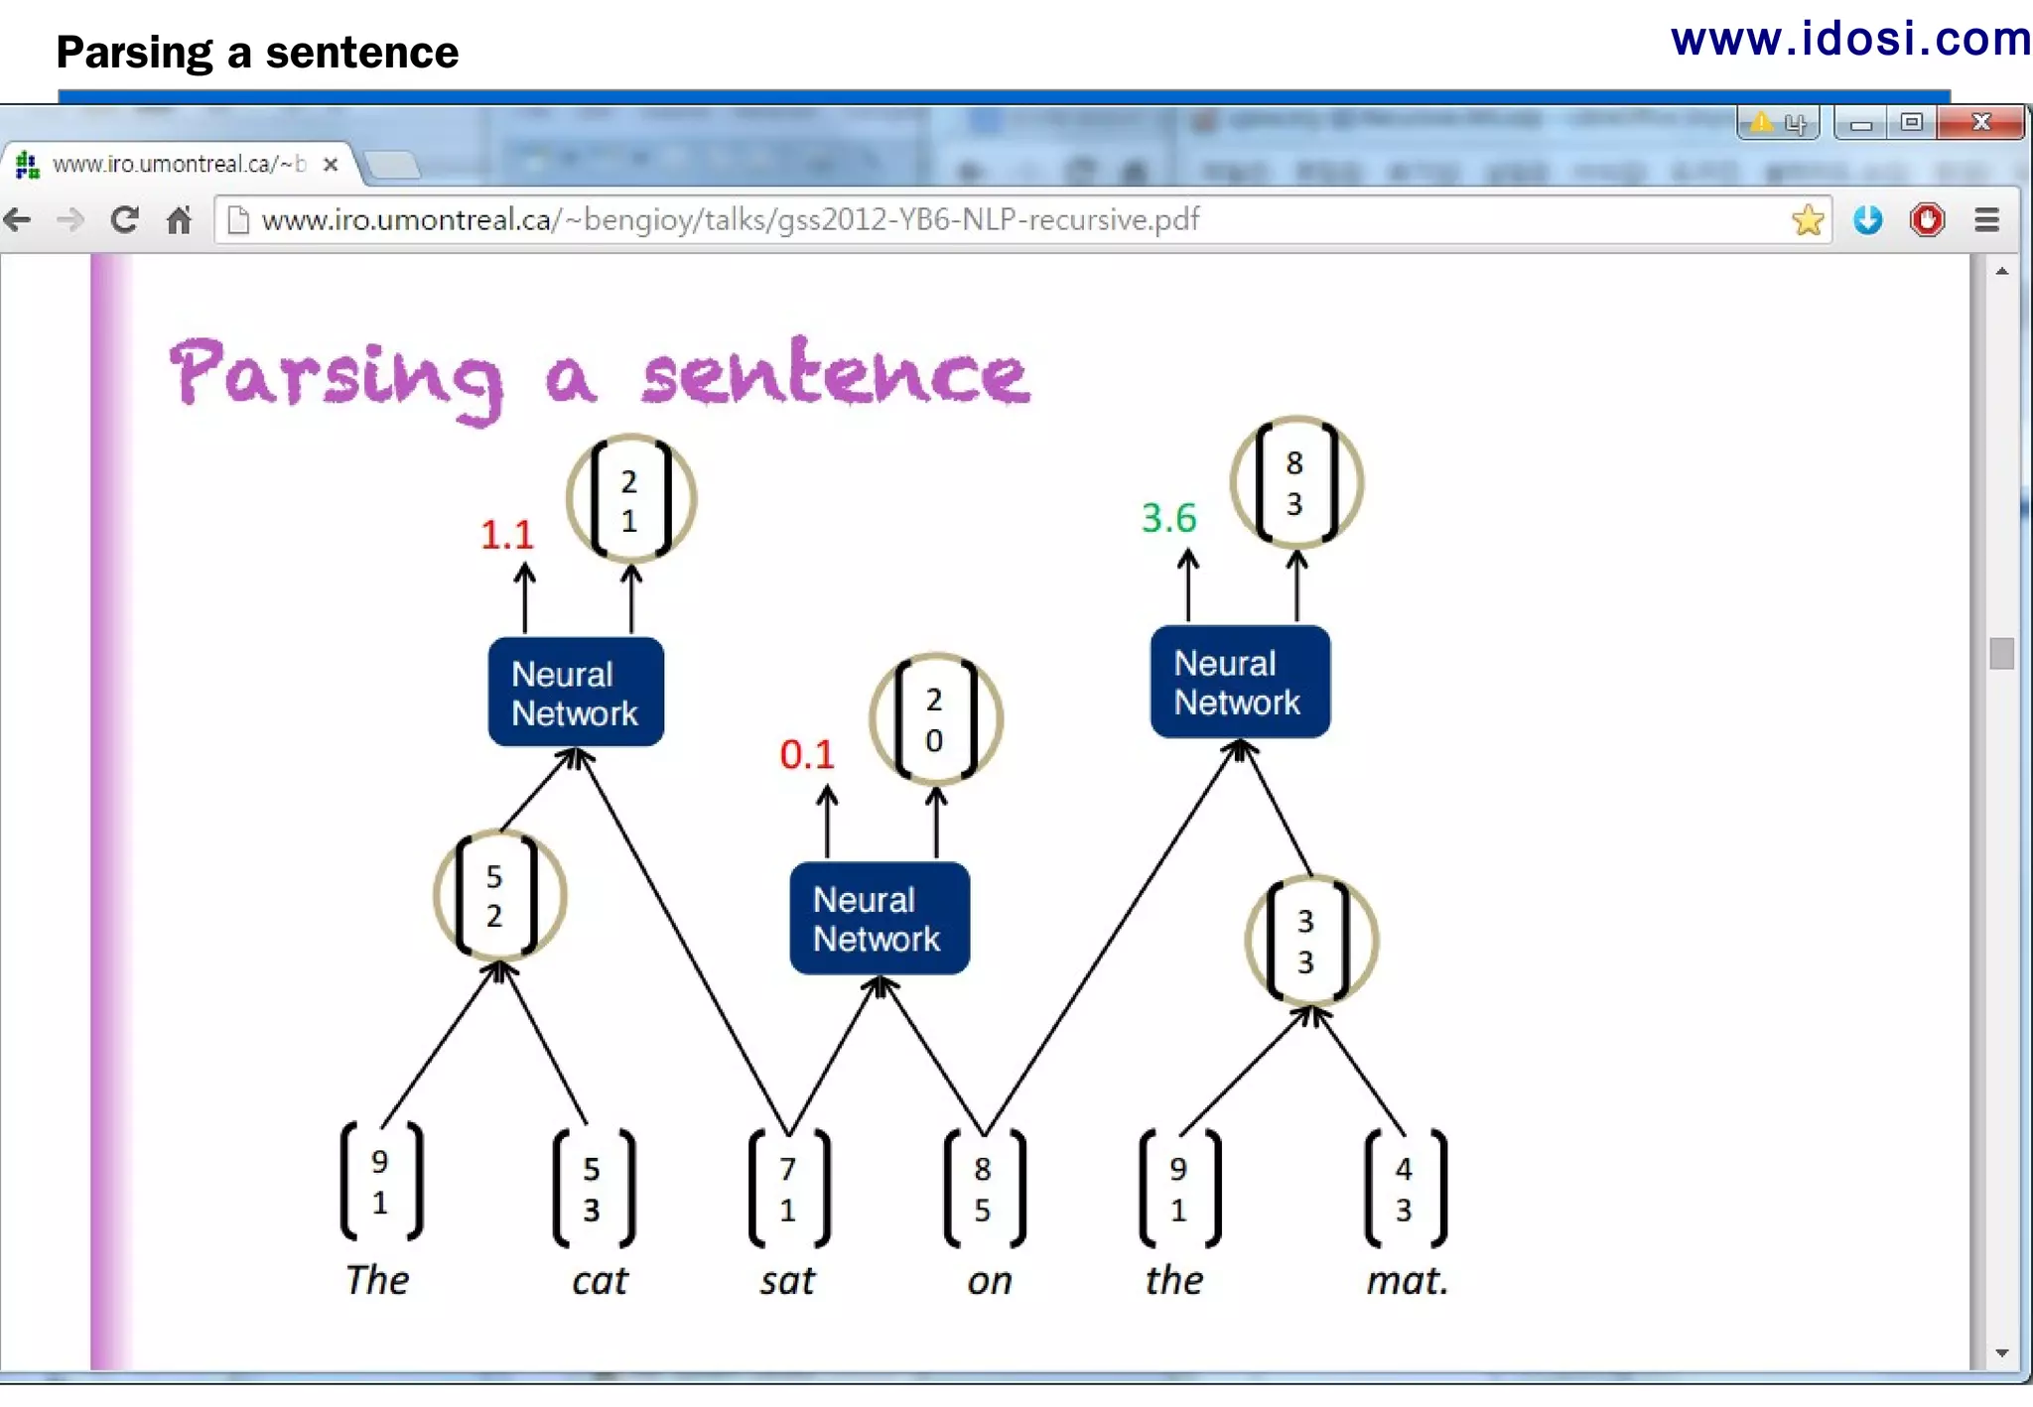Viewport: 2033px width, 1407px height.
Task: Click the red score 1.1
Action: (507, 536)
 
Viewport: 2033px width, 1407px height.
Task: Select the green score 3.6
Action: (1168, 518)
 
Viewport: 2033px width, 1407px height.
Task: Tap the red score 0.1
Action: (806, 755)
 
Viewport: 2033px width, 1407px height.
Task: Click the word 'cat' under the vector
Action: (600, 1281)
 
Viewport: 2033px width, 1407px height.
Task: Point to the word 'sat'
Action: (787, 1281)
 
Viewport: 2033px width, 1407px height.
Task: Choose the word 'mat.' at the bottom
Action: (1407, 1281)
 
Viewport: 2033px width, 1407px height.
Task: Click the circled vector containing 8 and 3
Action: (1295, 483)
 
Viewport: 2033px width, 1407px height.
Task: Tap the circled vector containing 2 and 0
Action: (934, 719)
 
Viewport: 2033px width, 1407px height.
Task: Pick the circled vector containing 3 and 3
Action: (1309, 942)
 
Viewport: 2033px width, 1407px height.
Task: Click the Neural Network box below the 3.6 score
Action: (1239, 683)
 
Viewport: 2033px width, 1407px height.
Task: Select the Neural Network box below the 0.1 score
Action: (879, 919)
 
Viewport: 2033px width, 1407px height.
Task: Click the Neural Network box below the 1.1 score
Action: (576, 693)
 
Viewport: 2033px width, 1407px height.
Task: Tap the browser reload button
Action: (124, 219)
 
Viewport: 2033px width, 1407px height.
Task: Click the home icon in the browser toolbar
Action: (179, 219)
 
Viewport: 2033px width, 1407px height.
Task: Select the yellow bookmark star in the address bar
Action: (1807, 219)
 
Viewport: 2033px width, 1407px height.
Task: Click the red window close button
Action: (1980, 122)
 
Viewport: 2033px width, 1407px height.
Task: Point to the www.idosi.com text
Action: (1849, 40)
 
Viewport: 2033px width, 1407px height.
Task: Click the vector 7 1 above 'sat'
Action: (788, 1189)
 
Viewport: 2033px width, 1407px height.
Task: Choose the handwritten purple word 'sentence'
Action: (835, 373)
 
